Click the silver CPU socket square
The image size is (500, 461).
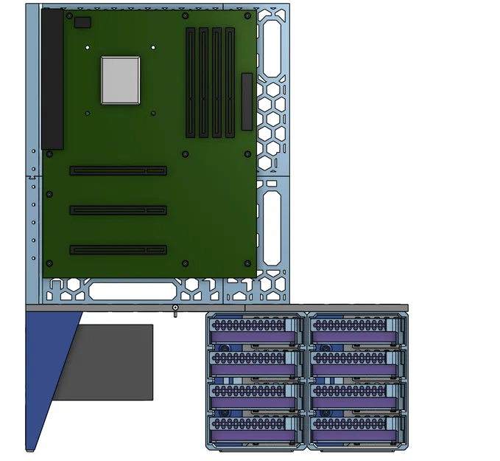(120, 80)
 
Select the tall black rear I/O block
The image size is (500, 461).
(52, 79)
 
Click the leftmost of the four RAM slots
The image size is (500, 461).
(191, 83)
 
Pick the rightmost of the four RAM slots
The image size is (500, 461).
(230, 83)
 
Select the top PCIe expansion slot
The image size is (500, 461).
(118, 170)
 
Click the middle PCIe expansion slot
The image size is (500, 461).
(118, 210)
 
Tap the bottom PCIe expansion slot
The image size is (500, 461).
(118, 250)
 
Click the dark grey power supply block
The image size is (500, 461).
(110, 362)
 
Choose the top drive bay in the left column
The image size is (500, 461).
(256, 330)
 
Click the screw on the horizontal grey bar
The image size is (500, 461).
(175, 308)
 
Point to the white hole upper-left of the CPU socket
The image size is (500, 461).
(88, 47)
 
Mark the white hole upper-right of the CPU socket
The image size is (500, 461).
(153, 47)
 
